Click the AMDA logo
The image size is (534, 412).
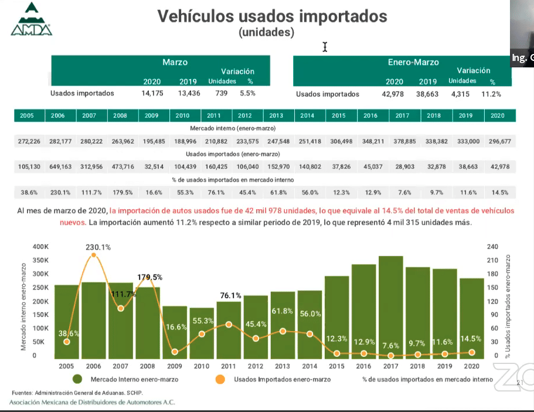pyautogui.click(x=31, y=20)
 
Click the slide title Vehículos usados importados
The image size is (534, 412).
pyautogui.click(x=272, y=16)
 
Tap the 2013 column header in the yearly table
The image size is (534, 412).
pyautogui.click(x=276, y=116)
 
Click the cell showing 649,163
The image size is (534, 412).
pyautogui.click(x=57, y=166)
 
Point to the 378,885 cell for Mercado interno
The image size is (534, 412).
pyautogui.click(x=402, y=141)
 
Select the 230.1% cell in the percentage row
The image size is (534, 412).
pyautogui.click(x=57, y=192)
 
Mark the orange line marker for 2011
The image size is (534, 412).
pyautogui.click(x=229, y=324)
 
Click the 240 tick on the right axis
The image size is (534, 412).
pyautogui.click(x=492, y=247)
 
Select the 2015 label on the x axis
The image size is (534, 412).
pyautogui.click(x=337, y=366)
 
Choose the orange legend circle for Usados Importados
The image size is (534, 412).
pyautogui.click(x=220, y=379)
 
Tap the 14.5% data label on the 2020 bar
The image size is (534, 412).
pyautogui.click(x=471, y=339)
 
